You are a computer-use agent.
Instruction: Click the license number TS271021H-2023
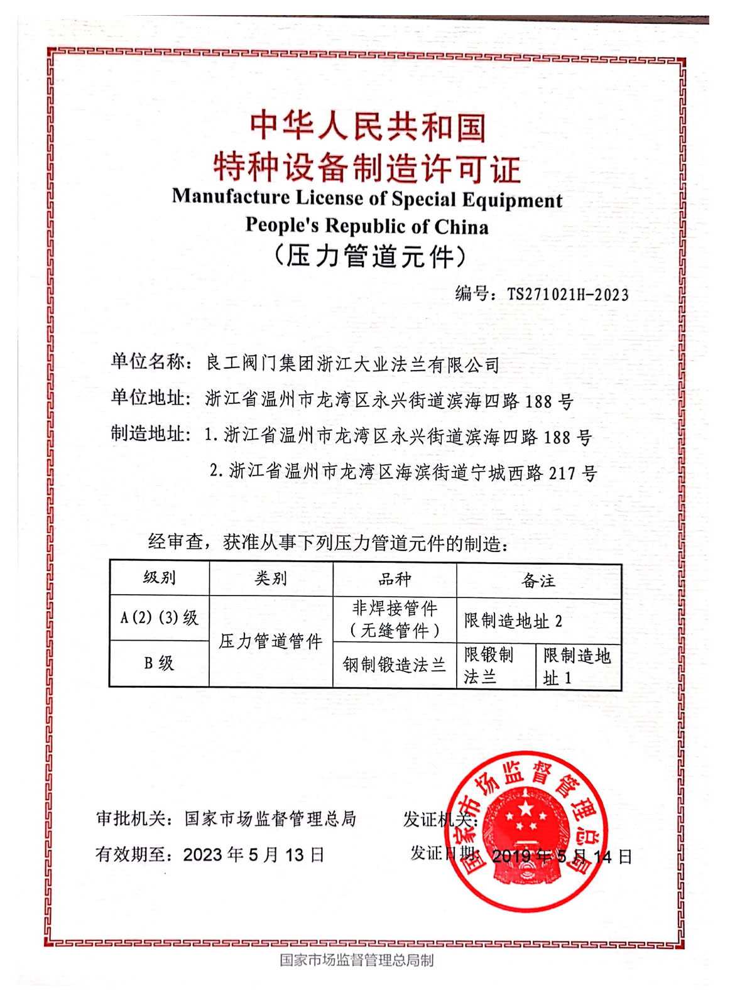(x=567, y=294)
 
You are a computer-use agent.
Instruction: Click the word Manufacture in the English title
(x=231, y=197)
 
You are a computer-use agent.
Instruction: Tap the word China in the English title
(x=461, y=226)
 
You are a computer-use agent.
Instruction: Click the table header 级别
(x=159, y=577)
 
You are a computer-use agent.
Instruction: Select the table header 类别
(x=271, y=578)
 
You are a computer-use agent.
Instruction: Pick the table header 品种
(x=395, y=579)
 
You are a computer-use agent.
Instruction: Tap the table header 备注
(x=538, y=580)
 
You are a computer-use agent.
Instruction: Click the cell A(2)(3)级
(x=159, y=617)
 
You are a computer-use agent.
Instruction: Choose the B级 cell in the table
(x=159, y=663)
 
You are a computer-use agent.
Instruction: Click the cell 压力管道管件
(x=271, y=641)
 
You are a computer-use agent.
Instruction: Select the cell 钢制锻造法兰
(x=395, y=665)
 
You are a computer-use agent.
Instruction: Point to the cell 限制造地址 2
(x=513, y=621)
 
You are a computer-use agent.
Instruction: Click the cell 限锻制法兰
(x=489, y=666)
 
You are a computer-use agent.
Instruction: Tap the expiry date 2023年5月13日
(x=253, y=854)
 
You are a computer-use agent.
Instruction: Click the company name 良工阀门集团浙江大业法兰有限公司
(x=352, y=364)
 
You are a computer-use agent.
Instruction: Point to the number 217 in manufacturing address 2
(x=562, y=473)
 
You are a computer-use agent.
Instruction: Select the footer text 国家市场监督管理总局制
(x=356, y=960)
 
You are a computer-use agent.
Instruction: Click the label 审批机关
(x=130, y=818)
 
